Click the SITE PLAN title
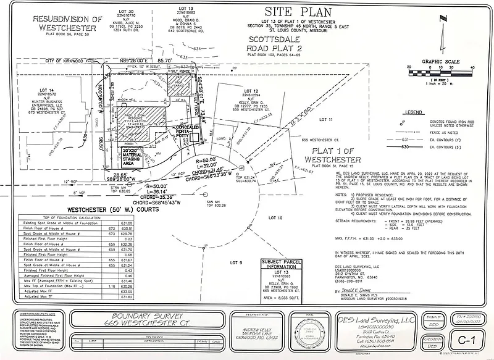[x=293, y=12]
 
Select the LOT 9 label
[x=235, y=264]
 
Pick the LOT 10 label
[x=276, y=218]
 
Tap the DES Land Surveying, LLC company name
[x=374, y=320]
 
